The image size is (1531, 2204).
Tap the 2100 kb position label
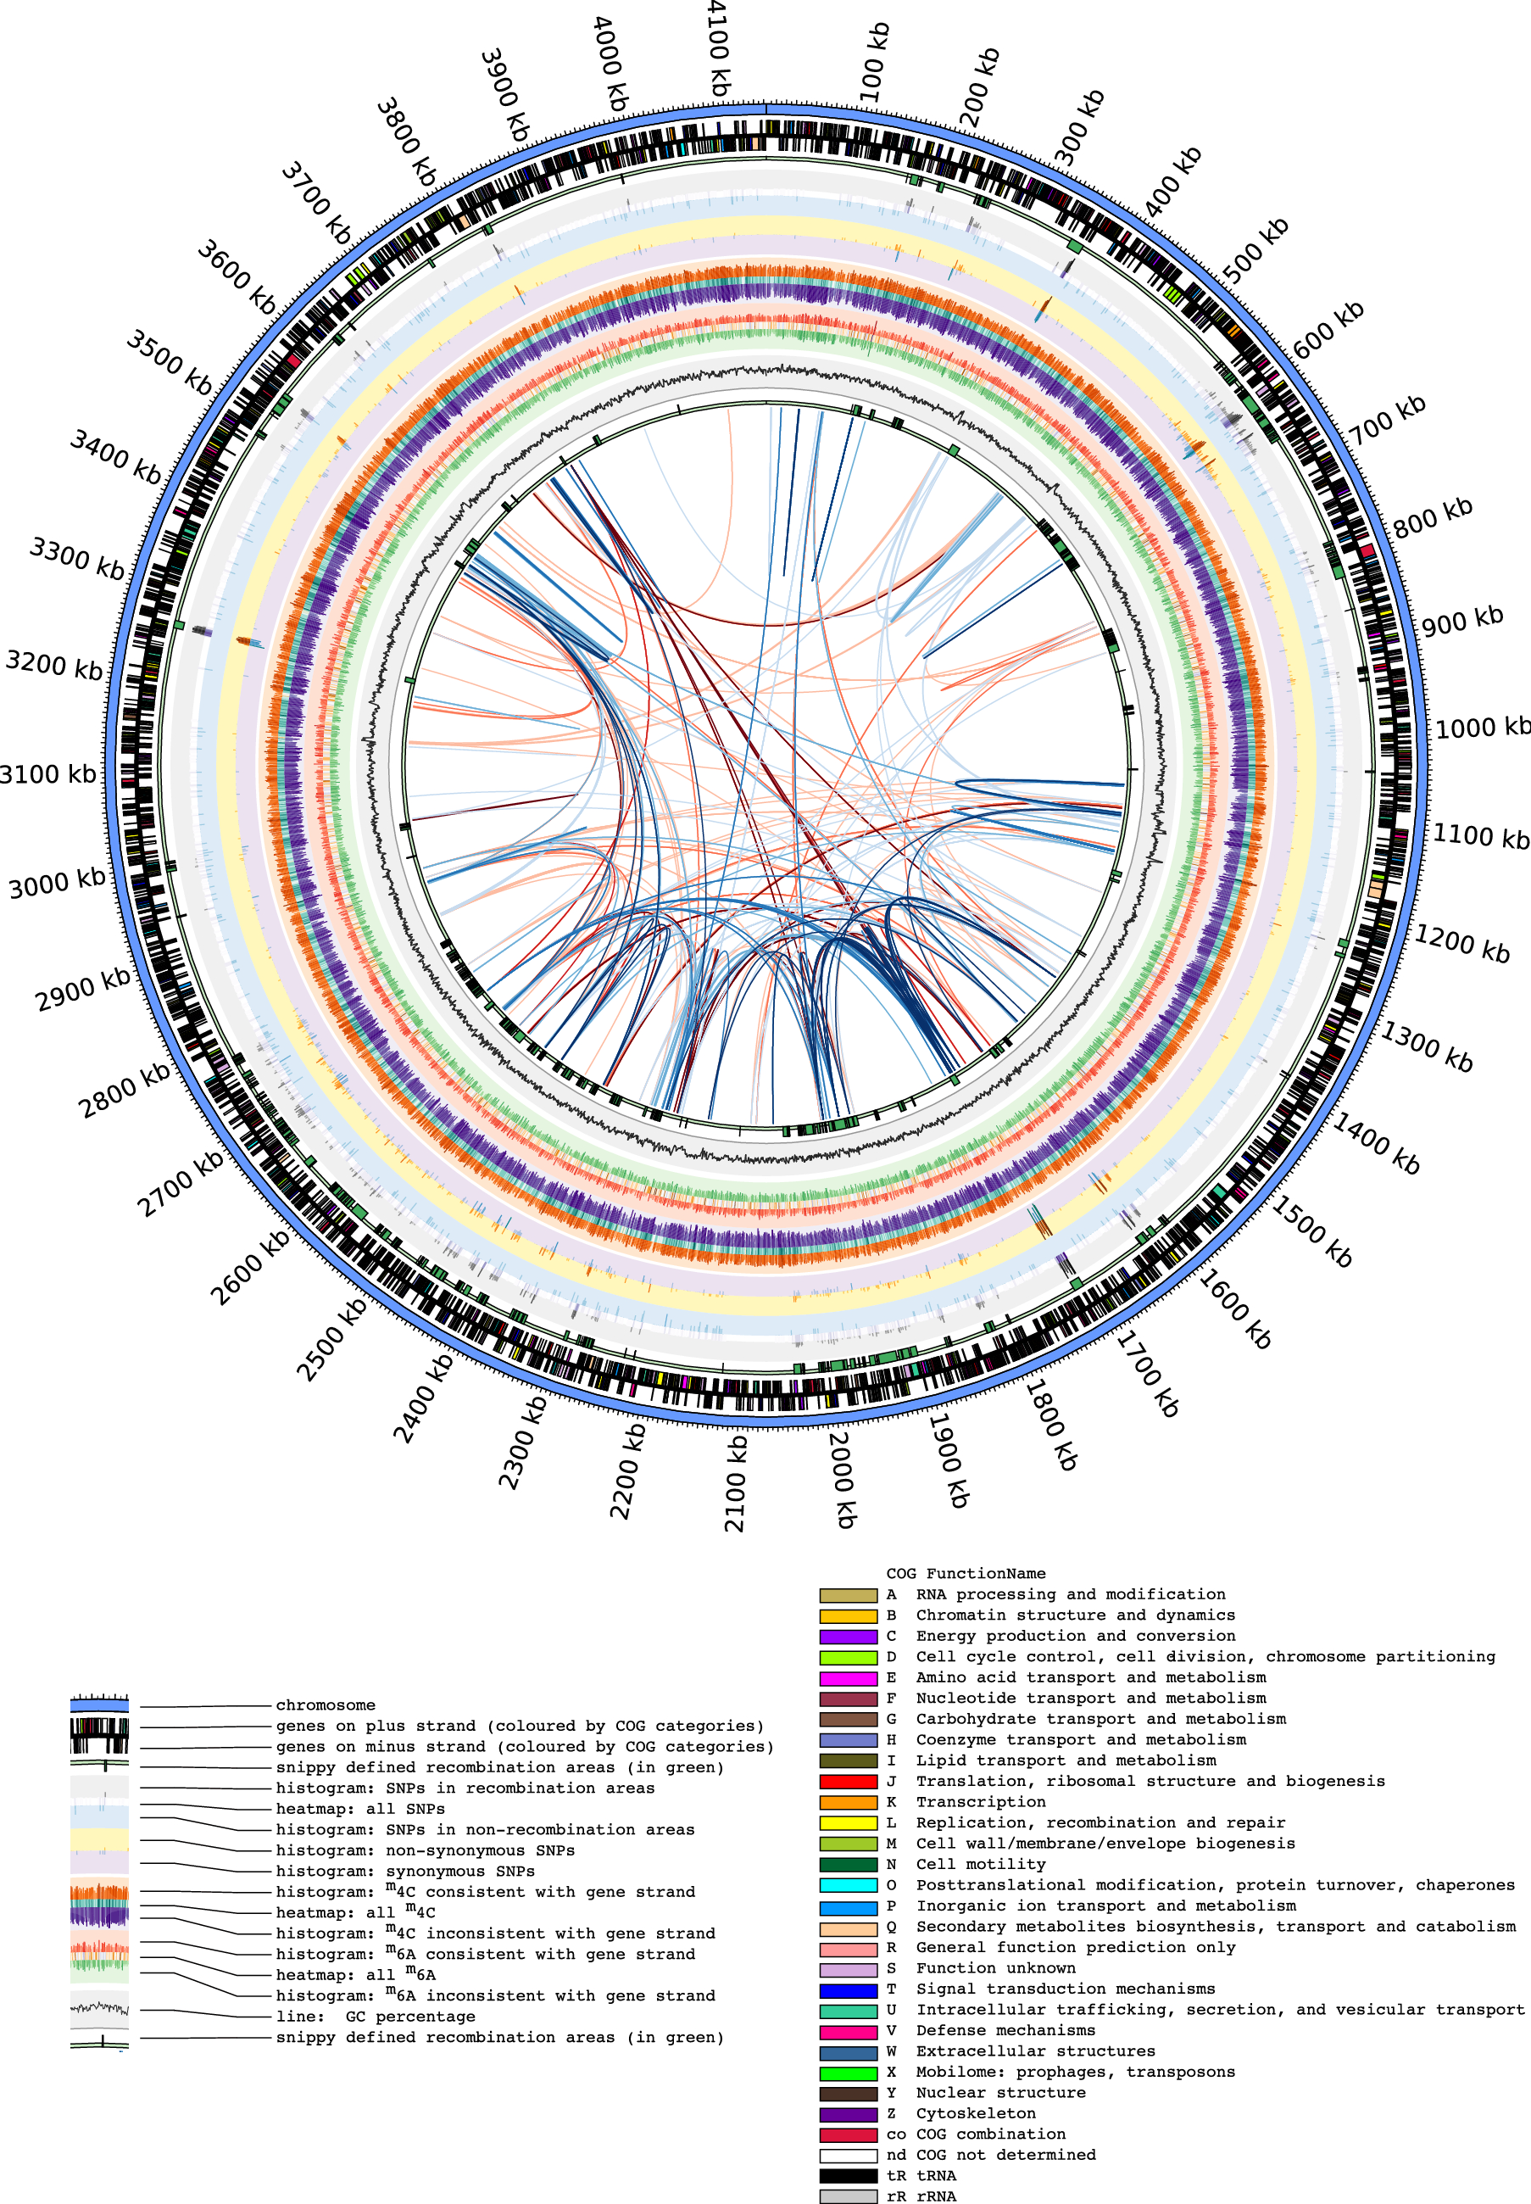click(735, 1483)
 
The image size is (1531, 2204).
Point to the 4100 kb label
click(717, 48)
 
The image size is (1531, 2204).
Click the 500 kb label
click(1255, 251)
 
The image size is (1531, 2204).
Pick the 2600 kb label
click(249, 1268)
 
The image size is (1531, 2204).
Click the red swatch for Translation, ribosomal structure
click(848, 1781)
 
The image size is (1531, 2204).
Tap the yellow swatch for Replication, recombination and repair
click(848, 1822)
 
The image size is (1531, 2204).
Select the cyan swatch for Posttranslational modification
click(848, 1884)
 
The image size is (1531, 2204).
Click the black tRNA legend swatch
click(848, 2175)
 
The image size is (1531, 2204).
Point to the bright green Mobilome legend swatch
click(848, 2072)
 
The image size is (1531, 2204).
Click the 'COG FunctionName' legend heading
click(965, 1574)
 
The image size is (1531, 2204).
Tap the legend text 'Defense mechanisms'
click(1005, 2030)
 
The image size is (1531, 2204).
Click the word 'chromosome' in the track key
click(326, 1705)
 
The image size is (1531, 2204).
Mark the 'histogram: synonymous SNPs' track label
click(405, 1871)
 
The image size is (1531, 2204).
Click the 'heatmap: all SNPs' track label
click(359, 1809)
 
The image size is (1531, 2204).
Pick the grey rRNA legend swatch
click(848, 2196)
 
